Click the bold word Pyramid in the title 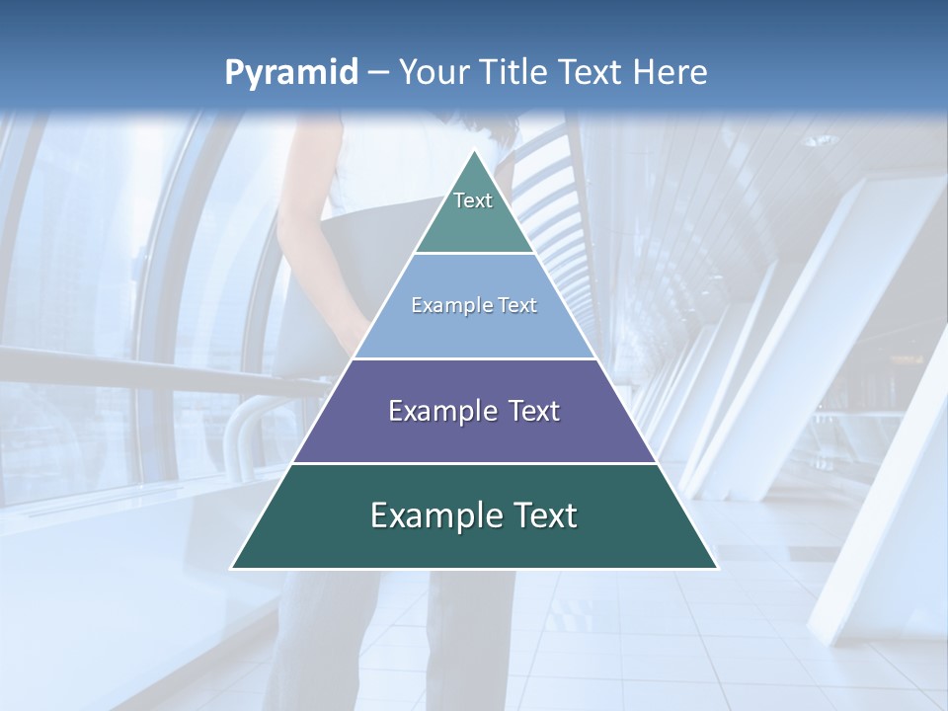coord(291,73)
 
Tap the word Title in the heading coord(519,73)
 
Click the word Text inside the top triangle coord(473,200)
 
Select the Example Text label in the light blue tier coord(474,305)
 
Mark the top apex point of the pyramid coord(474,150)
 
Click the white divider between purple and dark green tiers coord(474,463)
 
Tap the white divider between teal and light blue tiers coord(474,254)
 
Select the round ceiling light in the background coord(821,141)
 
